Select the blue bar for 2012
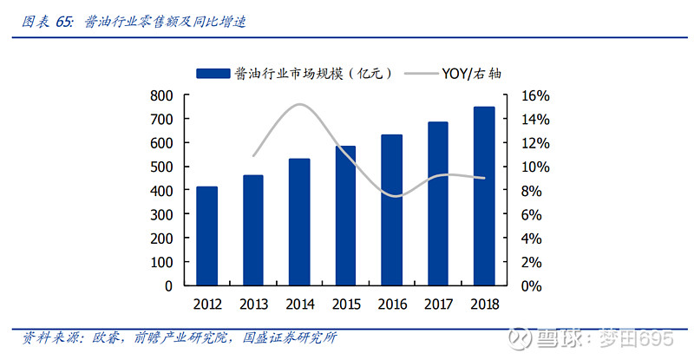pos(206,236)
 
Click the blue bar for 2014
pos(299,222)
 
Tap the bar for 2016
pos(391,210)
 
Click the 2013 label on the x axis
pos(252,304)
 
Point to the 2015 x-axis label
pos(345,304)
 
